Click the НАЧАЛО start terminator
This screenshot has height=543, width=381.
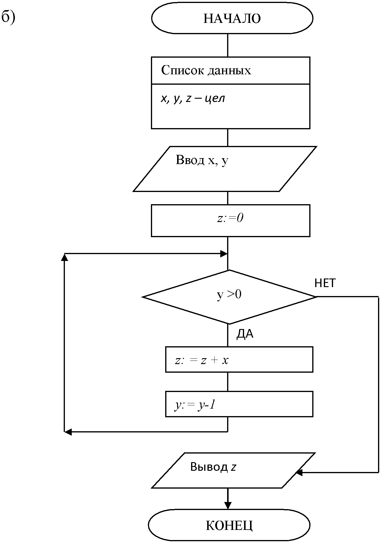click(232, 18)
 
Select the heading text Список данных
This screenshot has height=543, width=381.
click(206, 70)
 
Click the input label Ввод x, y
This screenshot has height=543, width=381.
click(202, 160)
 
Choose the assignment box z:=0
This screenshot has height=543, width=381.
click(230, 221)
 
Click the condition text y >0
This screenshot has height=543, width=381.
click(229, 295)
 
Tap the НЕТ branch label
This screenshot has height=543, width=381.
click(325, 283)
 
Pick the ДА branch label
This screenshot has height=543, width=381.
click(245, 334)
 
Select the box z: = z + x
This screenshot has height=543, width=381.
click(239, 359)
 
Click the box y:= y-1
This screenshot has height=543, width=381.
click(239, 404)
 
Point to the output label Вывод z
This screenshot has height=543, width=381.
click(213, 467)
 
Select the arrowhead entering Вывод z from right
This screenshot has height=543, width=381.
click(299, 472)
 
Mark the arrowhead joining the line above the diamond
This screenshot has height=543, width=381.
click(224, 254)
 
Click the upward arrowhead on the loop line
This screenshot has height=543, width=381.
click(64, 257)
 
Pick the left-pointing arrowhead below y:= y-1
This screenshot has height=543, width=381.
click(68, 432)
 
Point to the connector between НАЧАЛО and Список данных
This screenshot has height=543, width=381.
click(228, 45)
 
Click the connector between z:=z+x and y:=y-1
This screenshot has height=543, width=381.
click(228, 382)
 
